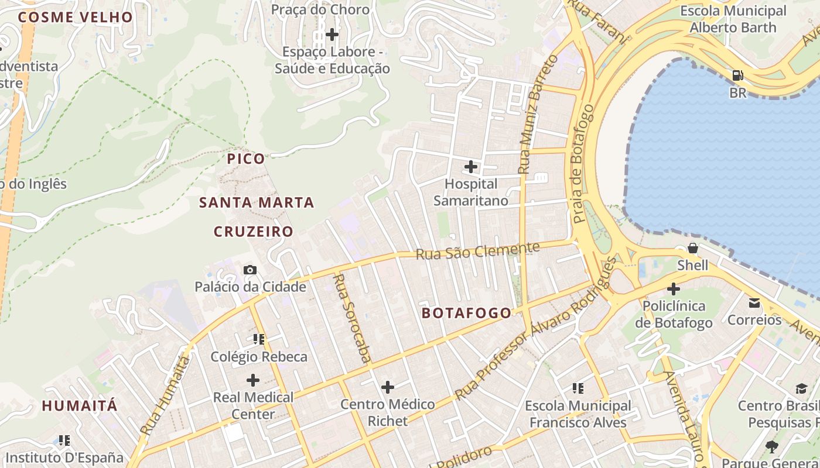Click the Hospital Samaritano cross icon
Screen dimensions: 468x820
click(470, 167)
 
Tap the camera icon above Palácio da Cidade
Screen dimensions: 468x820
click(250, 270)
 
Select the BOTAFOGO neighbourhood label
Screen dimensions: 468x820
click(467, 313)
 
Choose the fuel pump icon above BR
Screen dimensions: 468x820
click(738, 75)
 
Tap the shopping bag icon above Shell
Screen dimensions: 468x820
click(693, 248)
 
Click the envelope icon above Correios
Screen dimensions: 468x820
click(754, 303)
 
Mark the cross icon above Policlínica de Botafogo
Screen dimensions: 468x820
click(674, 288)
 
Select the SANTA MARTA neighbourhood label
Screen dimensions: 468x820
click(257, 203)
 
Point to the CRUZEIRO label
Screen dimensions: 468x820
click(253, 232)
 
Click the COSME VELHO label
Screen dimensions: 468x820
click(76, 17)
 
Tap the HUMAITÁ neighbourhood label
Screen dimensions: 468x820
click(80, 405)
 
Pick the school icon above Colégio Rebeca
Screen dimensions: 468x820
click(259, 339)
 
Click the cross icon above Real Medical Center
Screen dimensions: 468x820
click(253, 380)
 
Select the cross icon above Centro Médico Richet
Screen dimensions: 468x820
click(388, 387)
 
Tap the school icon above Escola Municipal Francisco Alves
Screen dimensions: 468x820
click(578, 388)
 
